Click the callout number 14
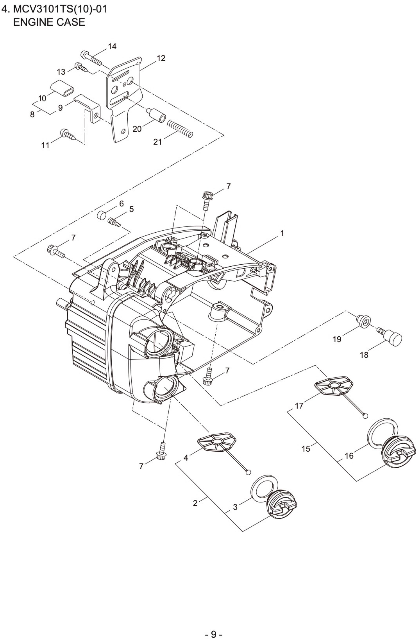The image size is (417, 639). (112, 46)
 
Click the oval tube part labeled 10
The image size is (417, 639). (62, 87)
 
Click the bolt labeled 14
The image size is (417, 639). (91, 58)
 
